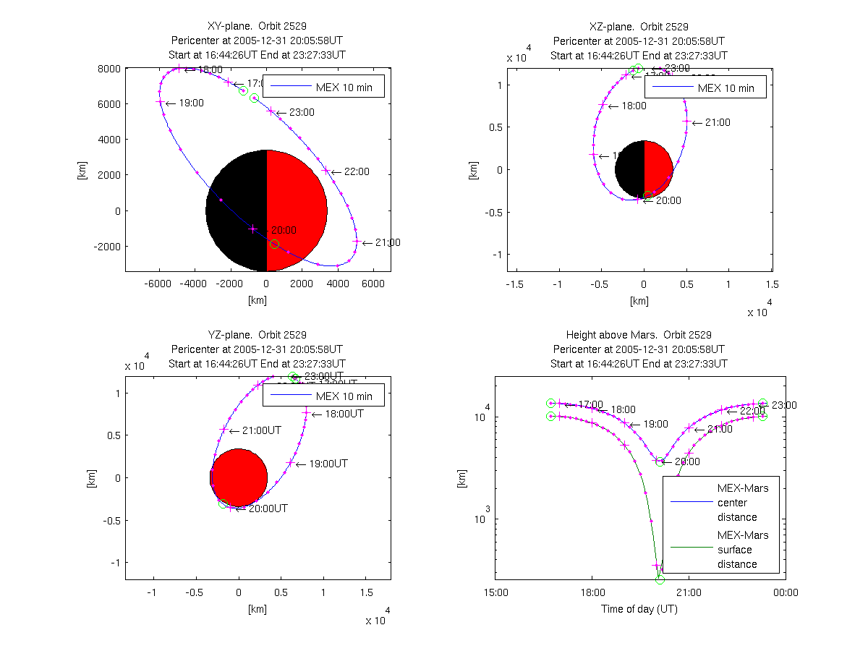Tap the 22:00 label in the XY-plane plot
click(356, 171)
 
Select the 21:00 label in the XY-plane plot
click(387, 242)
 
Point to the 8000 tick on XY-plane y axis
click(109, 69)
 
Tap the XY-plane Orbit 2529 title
click(257, 27)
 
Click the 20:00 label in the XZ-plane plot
click(667, 200)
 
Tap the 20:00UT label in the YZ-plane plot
click(268, 509)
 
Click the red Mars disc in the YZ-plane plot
click(239, 477)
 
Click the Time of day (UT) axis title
click(639, 609)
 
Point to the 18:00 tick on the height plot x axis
click(592, 592)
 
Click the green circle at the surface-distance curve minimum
click(660, 579)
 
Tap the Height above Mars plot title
click(639, 335)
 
